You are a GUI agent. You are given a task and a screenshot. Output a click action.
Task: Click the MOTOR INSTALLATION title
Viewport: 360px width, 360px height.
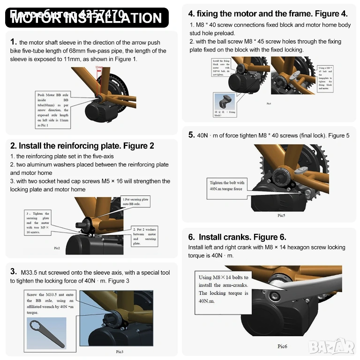(86, 18)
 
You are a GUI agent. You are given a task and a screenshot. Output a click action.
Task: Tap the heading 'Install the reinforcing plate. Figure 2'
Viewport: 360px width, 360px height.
(82, 146)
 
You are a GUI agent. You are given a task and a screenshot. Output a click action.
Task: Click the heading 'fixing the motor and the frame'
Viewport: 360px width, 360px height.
(268, 14)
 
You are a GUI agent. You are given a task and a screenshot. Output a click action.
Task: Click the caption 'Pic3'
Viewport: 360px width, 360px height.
(119, 351)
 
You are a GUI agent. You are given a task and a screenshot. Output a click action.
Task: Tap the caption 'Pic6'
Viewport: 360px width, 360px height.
(282, 346)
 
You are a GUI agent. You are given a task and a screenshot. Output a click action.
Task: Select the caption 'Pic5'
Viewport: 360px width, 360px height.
(281, 215)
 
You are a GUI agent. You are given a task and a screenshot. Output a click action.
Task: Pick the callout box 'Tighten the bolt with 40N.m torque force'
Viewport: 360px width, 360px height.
(227, 186)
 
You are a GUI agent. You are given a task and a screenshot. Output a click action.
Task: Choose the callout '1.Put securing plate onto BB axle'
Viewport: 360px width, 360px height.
(135, 202)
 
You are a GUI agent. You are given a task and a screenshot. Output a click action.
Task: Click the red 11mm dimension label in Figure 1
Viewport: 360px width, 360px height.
(99, 67)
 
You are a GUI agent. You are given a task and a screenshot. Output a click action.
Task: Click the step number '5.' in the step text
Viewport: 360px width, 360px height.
(191, 135)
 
